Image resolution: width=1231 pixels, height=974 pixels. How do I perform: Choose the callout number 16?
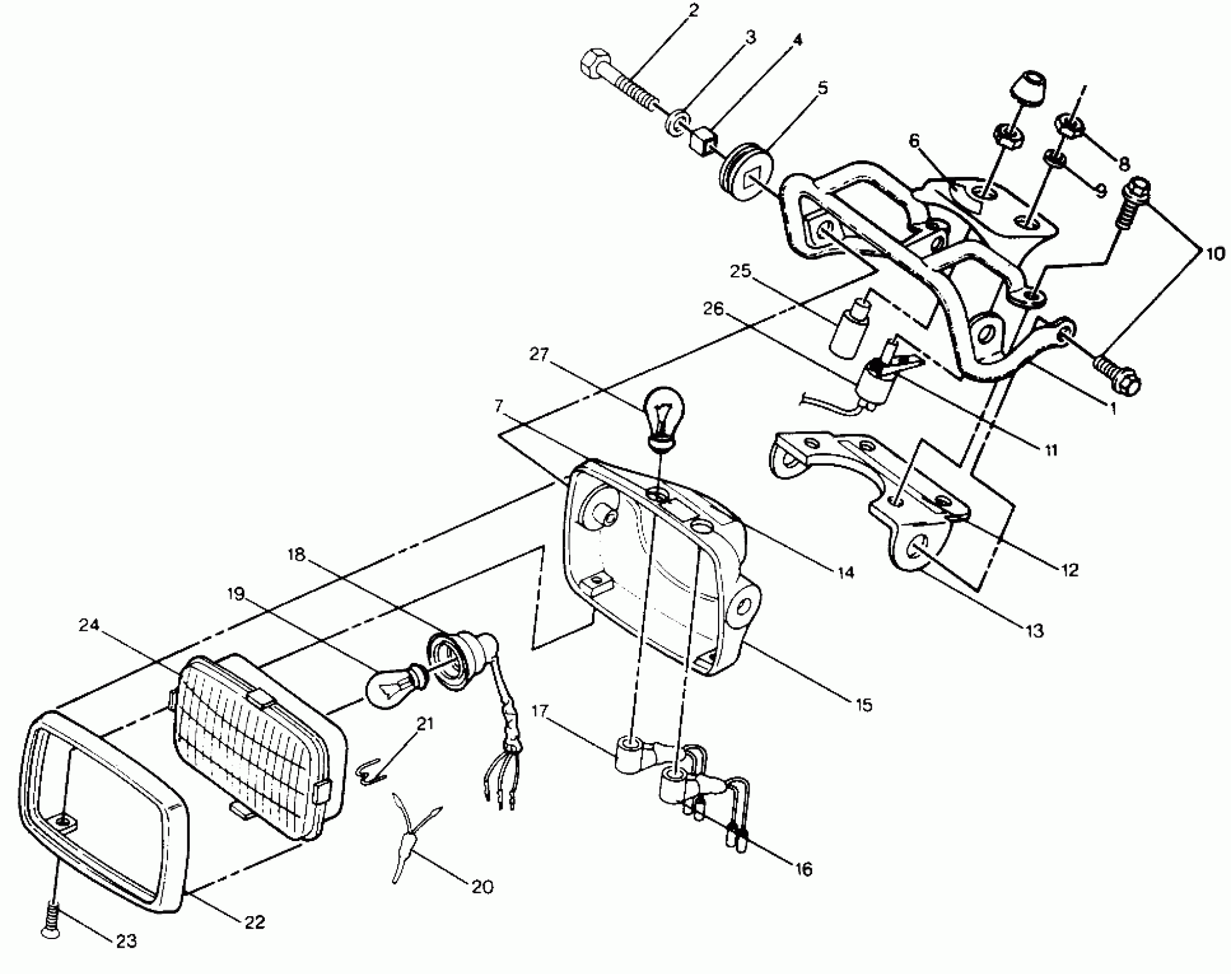804,869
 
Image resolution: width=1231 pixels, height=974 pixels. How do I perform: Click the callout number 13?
1036,631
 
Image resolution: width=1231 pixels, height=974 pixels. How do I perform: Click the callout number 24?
90,625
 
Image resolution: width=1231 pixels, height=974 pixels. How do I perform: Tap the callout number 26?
714,309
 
